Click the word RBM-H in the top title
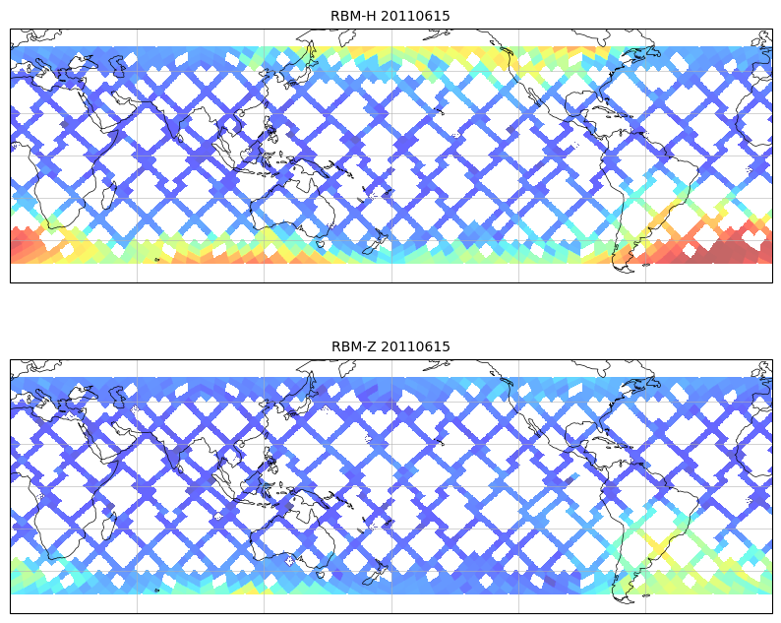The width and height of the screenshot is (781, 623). [353, 16]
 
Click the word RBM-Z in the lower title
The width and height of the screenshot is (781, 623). [354, 346]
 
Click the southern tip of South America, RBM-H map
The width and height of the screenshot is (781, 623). [622, 267]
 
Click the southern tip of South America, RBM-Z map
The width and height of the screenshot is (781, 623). [622, 597]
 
